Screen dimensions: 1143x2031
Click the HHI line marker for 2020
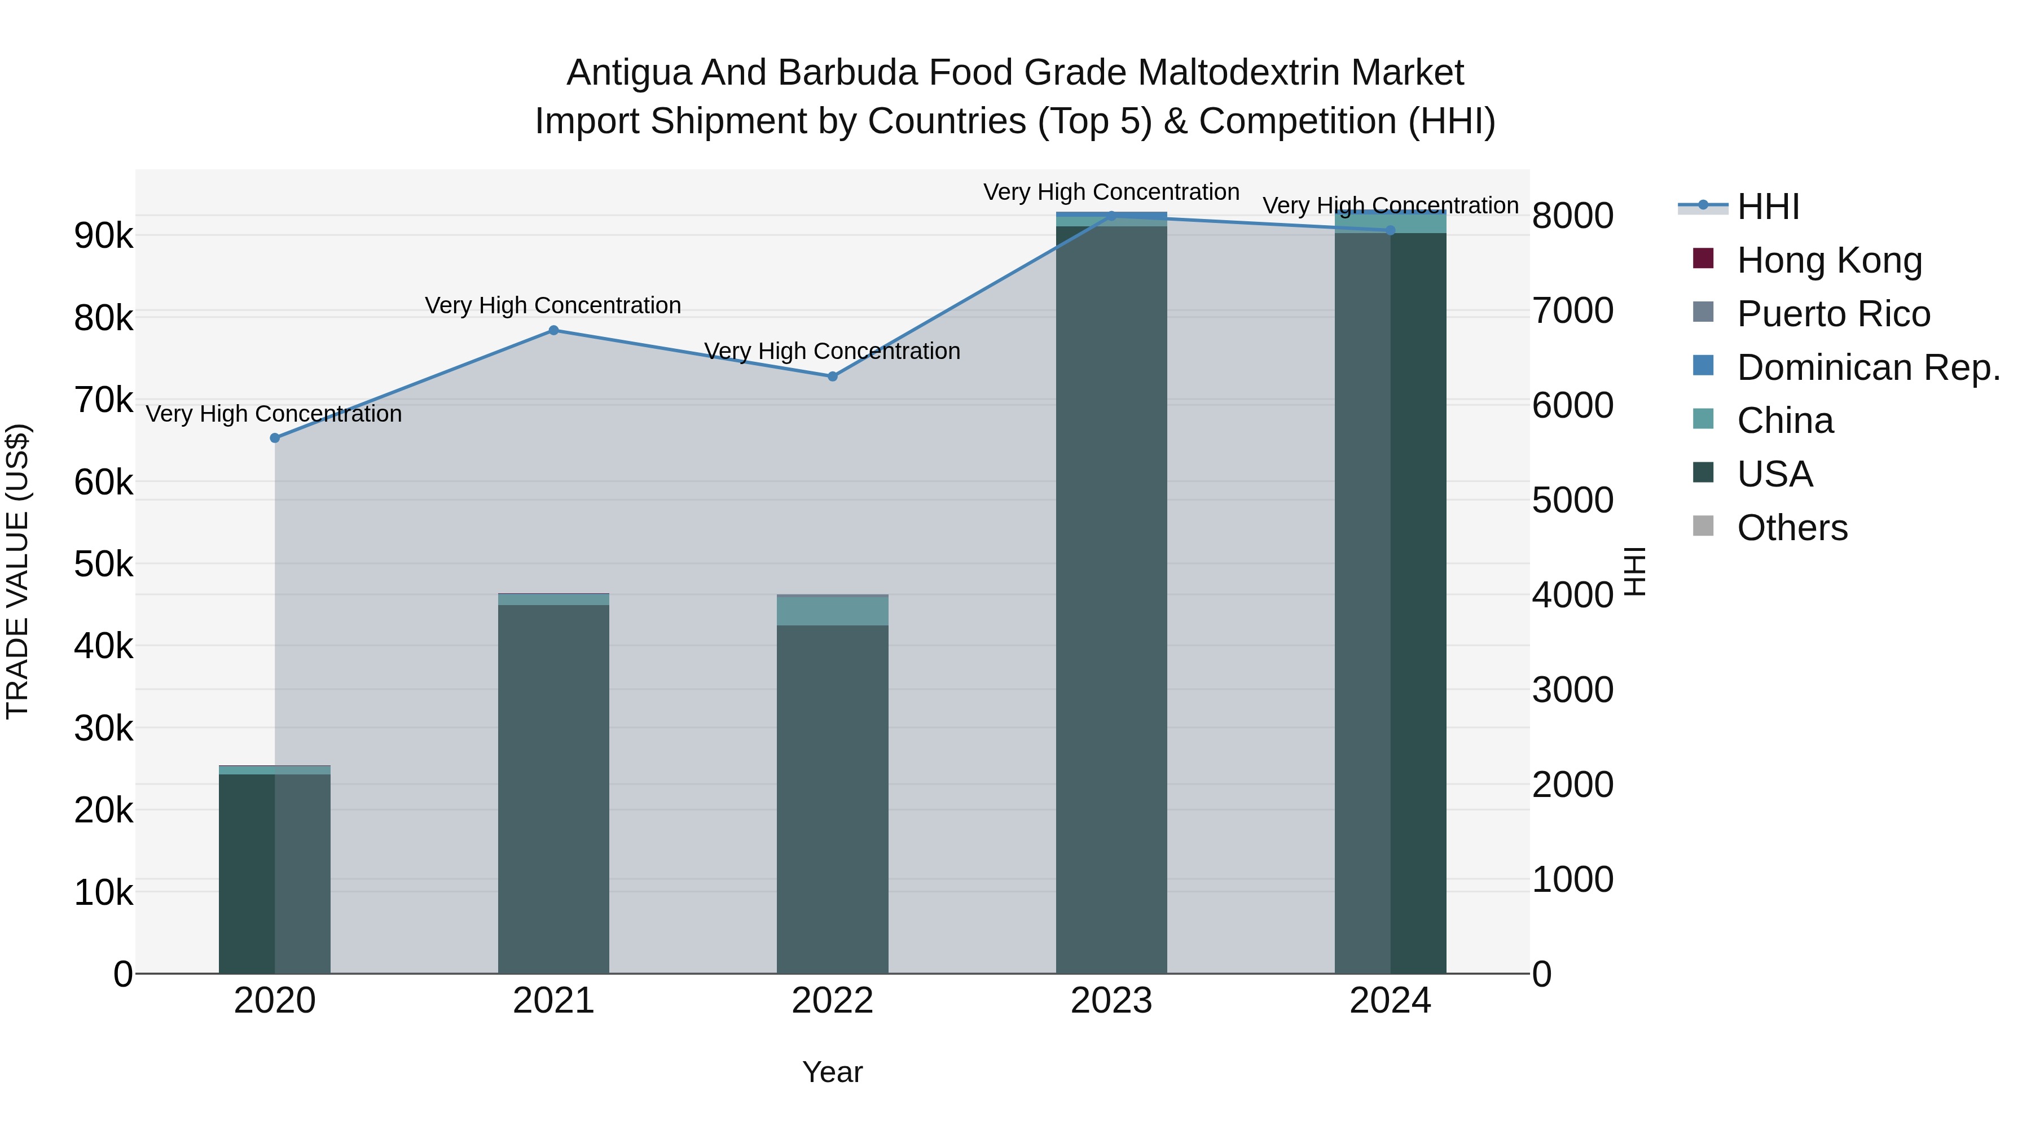pyautogui.click(x=275, y=438)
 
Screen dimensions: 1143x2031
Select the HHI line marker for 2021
pyautogui.click(x=553, y=331)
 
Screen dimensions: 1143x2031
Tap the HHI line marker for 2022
pyautogui.click(x=833, y=376)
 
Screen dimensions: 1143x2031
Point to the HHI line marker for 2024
pyautogui.click(x=1390, y=230)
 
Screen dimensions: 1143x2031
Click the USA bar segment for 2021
pyautogui.click(x=553, y=789)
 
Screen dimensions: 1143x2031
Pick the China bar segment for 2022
pyautogui.click(x=833, y=611)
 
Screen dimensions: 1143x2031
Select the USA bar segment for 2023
pyautogui.click(x=1111, y=599)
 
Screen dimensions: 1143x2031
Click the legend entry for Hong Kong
pyautogui.click(x=1829, y=260)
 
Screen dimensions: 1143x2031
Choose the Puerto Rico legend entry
pyautogui.click(x=1833, y=314)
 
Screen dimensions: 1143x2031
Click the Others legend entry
pyautogui.click(x=1792, y=528)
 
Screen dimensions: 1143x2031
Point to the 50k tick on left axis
pyautogui.click(x=104, y=565)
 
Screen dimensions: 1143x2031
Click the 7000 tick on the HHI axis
pyautogui.click(x=1573, y=311)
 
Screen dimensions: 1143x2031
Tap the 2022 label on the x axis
pyautogui.click(x=833, y=1001)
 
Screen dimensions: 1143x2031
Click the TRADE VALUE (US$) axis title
pyautogui.click(x=17, y=571)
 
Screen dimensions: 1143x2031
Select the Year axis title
pyautogui.click(x=833, y=1072)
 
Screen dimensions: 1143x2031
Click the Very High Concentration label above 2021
pyautogui.click(x=553, y=305)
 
